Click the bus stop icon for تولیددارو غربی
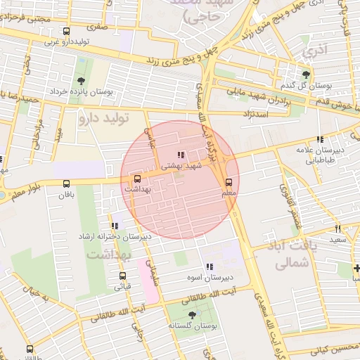66,32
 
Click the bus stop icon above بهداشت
137,179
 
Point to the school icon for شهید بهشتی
181,155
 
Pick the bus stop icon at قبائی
123,276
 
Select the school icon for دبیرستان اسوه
209,266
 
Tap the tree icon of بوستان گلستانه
192,316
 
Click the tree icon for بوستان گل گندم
305,74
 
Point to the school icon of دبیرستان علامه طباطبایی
320,139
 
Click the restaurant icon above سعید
338,229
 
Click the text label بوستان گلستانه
193,327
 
